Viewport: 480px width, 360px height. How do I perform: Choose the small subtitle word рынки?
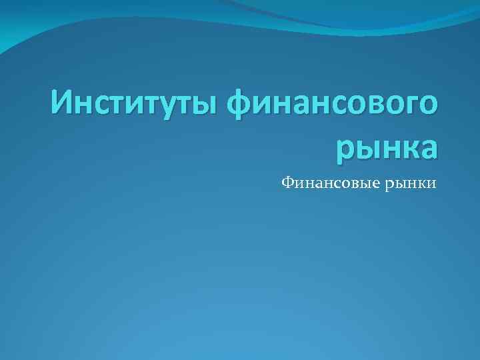point(410,182)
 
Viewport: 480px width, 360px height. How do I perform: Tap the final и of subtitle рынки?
point(431,182)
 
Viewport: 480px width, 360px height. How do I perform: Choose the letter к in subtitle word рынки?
point(421,182)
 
